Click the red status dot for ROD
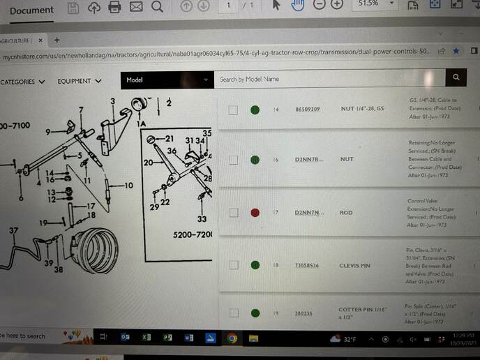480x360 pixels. point(255,212)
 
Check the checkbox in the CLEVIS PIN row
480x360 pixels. point(233,265)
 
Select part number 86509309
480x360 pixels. point(308,110)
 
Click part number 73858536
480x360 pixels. point(308,265)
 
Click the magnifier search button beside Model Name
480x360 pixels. point(456,78)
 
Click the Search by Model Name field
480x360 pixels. point(328,79)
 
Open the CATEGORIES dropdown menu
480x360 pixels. point(23,82)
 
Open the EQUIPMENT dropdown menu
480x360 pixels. point(80,81)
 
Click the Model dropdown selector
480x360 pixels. point(167,80)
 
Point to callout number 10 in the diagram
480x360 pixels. point(128,186)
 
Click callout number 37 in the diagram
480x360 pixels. point(13,230)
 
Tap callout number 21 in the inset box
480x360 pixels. point(169,139)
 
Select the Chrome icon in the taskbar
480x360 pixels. point(232,338)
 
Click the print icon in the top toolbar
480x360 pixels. point(115,8)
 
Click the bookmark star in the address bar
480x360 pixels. point(456,51)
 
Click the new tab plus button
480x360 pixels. point(57,40)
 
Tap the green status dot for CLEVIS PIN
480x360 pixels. point(255,265)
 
